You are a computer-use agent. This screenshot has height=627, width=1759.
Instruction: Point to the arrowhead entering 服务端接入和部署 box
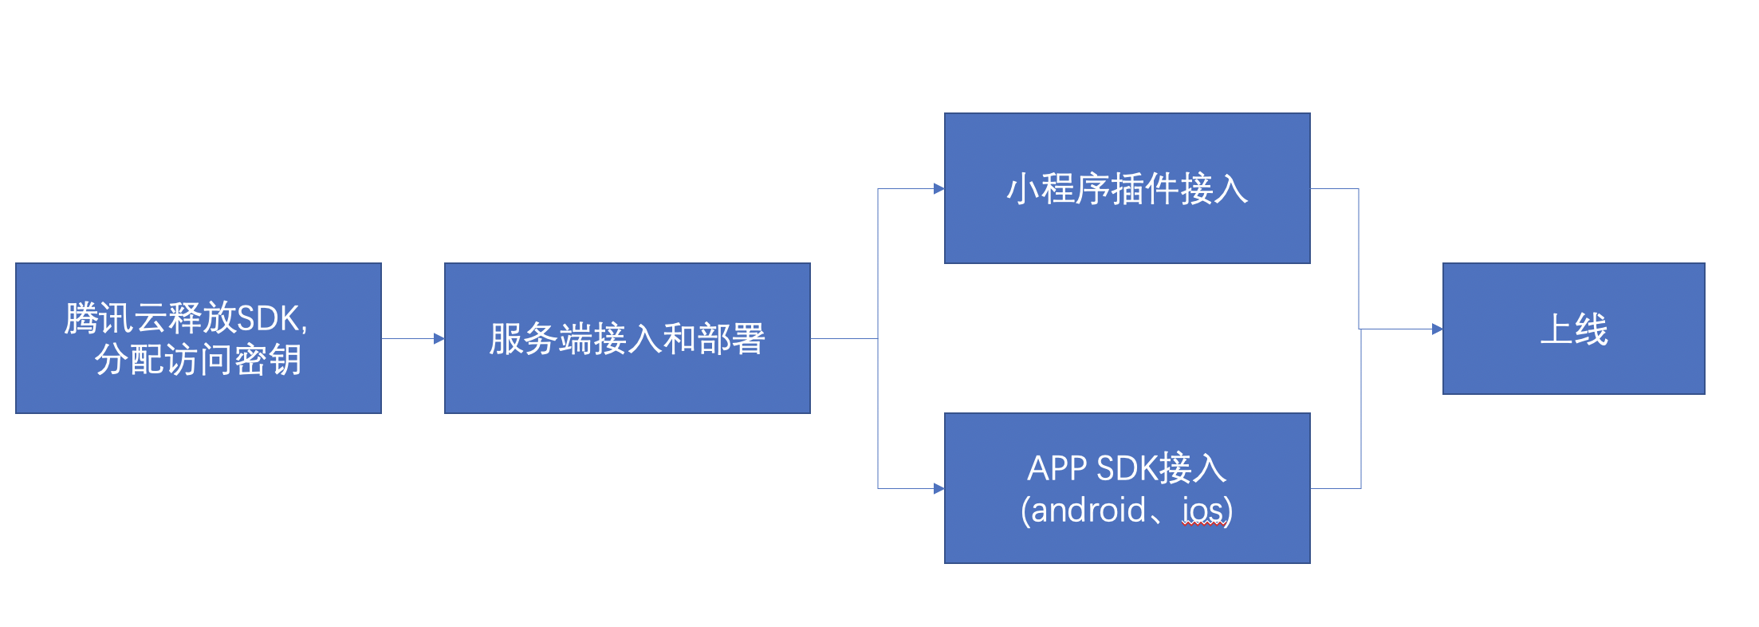click(x=439, y=338)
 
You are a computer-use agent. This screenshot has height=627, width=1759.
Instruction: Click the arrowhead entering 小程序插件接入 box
click(x=939, y=189)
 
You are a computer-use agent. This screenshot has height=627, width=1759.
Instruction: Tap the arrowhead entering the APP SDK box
click(x=939, y=488)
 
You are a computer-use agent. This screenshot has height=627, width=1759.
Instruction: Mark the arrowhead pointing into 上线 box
click(x=1438, y=329)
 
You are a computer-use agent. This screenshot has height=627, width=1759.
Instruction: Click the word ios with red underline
click(x=1203, y=510)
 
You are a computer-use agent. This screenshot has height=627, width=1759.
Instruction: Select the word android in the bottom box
click(x=1088, y=510)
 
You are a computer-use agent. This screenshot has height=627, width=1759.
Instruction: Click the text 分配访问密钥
click(x=199, y=360)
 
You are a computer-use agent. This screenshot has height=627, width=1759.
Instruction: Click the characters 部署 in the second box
click(x=731, y=338)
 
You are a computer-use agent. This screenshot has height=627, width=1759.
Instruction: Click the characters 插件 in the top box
click(x=1144, y=189)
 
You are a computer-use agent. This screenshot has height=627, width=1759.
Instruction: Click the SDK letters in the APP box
click(x=1126, y=468)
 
